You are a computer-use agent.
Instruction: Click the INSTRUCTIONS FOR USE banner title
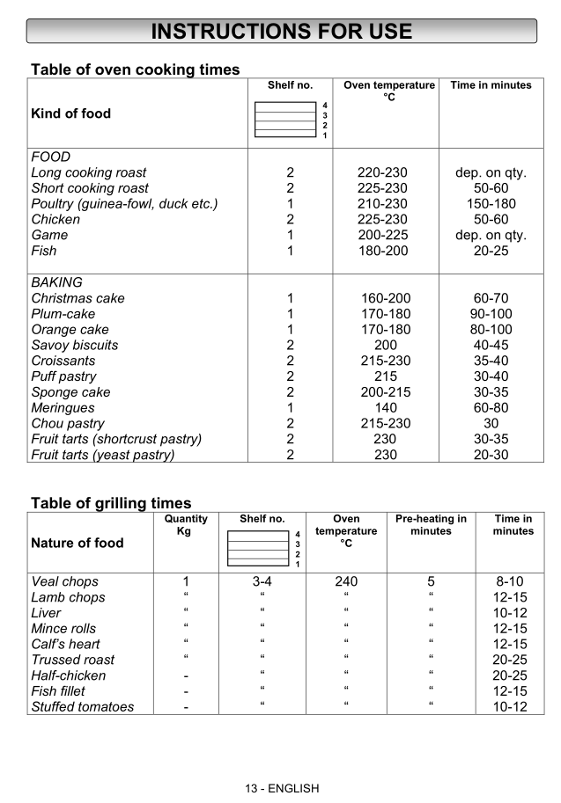pyautogui.click(x=281, y=32)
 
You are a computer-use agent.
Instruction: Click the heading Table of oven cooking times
pyautogui.click(x=135, y=69)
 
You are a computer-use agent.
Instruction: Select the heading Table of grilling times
pyautogui.click(x=111, y=503)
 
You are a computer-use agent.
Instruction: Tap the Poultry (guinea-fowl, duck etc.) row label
pyautogui.click(x=124, y=204)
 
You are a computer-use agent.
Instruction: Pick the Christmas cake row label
pyautogui.click(x=78, y=298)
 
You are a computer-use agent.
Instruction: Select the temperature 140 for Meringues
pyautogui.click(x=386, y=408)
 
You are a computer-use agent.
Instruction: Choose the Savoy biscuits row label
pyautogui.click(x=74, y=346)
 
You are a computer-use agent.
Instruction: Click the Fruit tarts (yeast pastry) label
pyautogui.click(x=102, y=455)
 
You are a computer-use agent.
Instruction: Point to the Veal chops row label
pyautogui.click(x=64, y=581)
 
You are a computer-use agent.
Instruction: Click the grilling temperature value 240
pyautogui.click(x=346, y=581)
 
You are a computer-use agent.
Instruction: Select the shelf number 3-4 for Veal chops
pyautogui.click(x=262, y=581)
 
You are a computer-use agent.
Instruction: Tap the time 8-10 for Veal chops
pyautogui.click(x=510, y=581)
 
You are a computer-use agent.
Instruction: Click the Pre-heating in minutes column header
pyautogui.click(x=431, y=525)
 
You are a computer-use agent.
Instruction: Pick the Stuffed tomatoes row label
pyautogui.click(x=82, y=707)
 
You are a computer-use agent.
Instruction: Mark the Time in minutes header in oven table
pyautogui.click(x=491, y=85)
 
